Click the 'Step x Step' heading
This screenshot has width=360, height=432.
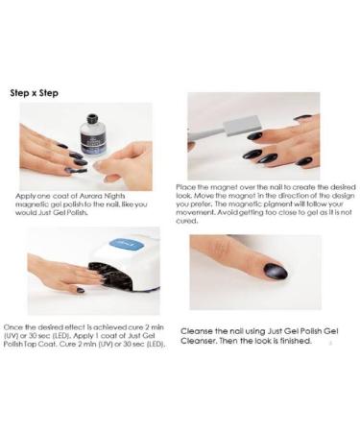tap(35, 93)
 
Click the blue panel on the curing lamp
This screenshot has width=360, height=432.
tap(127, 246)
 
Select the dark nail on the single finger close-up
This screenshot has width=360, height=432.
tap(275, 272)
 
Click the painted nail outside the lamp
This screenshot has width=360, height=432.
tap(81, 290)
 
